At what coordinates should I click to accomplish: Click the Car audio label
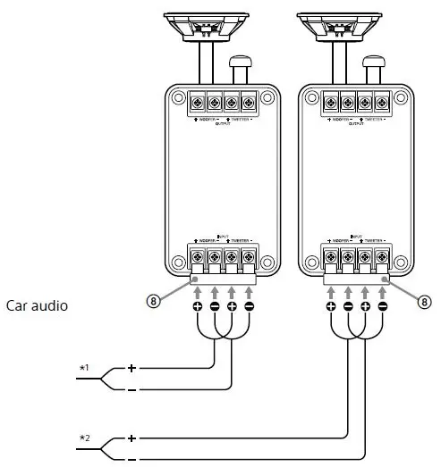pos(38,305)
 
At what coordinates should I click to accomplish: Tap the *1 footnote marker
pos(84,367)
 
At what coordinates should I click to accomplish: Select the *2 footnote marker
pos(84,438)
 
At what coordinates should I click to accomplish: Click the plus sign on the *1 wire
pos(132,367)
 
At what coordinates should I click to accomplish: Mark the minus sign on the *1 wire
pos(132,390)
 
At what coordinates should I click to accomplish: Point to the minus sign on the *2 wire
pos(132,461)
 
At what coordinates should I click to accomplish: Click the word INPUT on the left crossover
pos(223,235)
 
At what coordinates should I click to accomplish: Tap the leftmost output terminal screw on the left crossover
pos(198,101)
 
